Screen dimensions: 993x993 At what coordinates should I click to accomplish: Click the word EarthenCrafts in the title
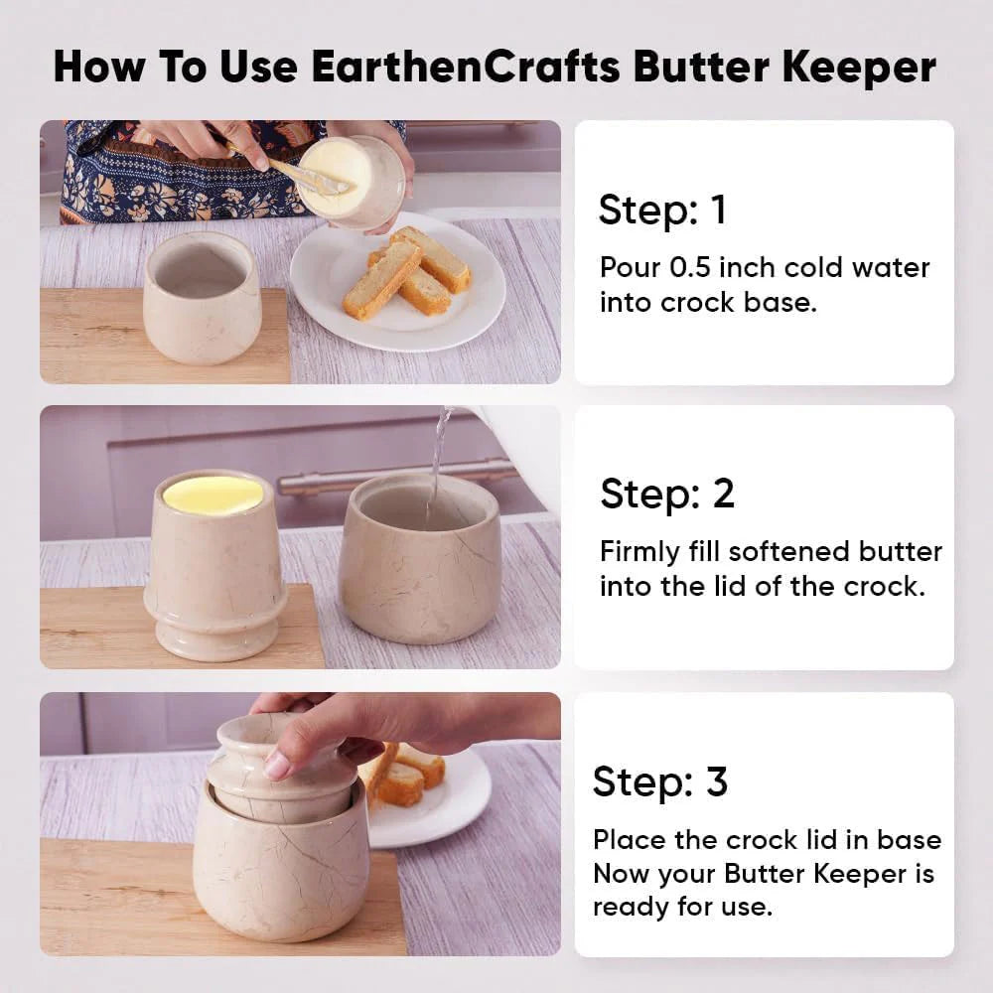(466, 66)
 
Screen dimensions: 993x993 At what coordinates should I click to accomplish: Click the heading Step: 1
(662, 210)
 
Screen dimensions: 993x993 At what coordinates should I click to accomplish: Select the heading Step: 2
(667, 494)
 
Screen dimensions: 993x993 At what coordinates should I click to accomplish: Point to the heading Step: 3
(660, 781)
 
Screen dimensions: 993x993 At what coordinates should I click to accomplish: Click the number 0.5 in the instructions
(690, 267)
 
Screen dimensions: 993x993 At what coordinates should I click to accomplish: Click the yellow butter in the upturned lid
(213, 494)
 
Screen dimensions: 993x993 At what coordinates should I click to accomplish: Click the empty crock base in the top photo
(203, 298)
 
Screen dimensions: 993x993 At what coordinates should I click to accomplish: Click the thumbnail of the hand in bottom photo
(276, 765)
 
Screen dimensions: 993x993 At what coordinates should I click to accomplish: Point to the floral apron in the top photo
(190, 171)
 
